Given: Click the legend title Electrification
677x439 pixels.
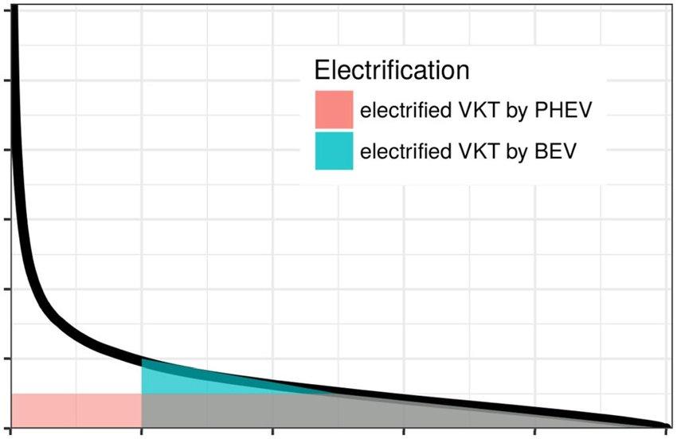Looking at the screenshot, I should pos(391,70).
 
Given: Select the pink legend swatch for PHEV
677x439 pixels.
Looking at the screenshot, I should pos(334,109).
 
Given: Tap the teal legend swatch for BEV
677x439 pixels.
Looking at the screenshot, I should pos(334,151).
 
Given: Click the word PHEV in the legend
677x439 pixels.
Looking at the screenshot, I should pos(565,110).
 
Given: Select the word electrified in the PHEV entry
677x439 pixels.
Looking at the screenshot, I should pos(405,110).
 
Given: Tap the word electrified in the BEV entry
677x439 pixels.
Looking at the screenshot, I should pos(405,151).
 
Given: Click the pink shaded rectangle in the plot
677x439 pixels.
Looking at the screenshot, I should pos(76,410).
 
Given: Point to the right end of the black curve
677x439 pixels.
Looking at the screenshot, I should pos(664,425).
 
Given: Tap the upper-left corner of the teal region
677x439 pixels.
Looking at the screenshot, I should pos(143,363).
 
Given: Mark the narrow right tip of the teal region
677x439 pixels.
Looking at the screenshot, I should pos(331,392).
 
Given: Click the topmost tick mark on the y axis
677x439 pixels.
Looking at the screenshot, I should pos(6,80).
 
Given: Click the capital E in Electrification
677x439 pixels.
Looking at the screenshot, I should pos(322,70).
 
